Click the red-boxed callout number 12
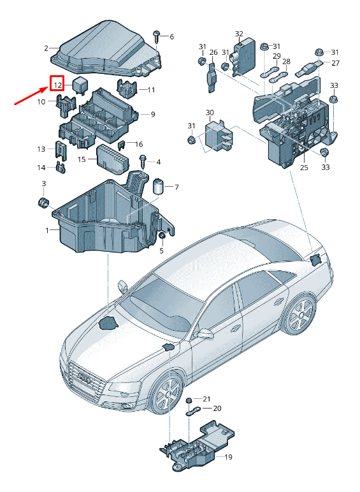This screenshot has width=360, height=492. [57, 85]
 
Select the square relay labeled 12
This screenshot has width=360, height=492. [80, 85]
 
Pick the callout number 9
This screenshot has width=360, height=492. [153, 114]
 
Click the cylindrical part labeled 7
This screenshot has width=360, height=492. [159, 187]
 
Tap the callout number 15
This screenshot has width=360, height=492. [82, 159]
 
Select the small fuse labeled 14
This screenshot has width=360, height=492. [61, 168]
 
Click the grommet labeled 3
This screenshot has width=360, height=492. [43, 203]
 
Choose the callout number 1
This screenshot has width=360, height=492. [47, 231]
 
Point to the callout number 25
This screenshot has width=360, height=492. [304, 168]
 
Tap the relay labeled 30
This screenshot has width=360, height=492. [219, 136]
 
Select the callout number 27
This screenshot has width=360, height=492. [335, 63]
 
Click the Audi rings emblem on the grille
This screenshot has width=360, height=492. [85, 377]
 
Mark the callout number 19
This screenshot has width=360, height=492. [228, 457]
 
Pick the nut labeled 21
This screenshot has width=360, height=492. [189, 401]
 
